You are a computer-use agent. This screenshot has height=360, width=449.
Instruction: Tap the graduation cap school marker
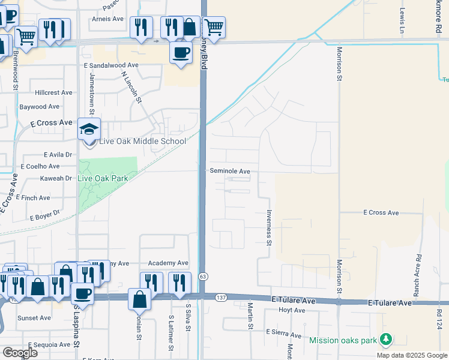(89, 129)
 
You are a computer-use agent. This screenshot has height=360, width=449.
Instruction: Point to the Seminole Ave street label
(229, 171)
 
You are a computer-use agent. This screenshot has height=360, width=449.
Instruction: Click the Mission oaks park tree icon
(385, 340)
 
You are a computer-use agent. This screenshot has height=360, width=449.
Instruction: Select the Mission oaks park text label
(343, 340)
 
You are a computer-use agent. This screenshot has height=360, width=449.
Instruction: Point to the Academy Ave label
(168, 263)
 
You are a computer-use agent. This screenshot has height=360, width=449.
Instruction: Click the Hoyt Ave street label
(292, 310)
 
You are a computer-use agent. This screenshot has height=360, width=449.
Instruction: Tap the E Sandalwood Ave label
(111, 65)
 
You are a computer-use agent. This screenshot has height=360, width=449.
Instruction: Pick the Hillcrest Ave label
(53, 93)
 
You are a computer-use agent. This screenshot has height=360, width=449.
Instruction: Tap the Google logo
(20, 352)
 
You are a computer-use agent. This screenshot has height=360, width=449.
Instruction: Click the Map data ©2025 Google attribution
(411, 355)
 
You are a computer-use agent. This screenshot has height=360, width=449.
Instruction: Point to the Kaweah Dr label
(55, 178)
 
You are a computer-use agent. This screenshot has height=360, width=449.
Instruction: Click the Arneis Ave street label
(107, 19)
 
